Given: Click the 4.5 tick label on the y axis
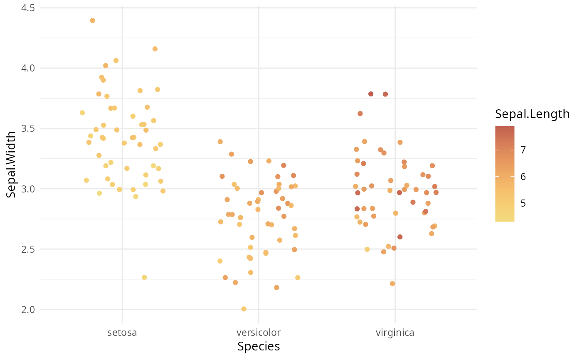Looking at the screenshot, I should (x=28, y=8).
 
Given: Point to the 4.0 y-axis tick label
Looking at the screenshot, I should (x=28, y=68).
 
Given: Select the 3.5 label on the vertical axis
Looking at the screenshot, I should (x=28, y=128).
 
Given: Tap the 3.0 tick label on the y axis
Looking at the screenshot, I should (x=28, y=189).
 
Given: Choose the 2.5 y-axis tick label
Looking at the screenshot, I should (x=28, y=249).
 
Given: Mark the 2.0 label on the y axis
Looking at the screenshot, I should (x=28, y=309).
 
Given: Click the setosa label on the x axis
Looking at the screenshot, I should (x=122, y=333).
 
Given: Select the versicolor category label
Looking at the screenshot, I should (x=259, y=333).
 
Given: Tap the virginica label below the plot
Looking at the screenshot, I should (x=395, y=333).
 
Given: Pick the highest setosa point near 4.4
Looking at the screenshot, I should (x=92, y=20).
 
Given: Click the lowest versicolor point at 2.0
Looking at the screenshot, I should (x=244, y=309).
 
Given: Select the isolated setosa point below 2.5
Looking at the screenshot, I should (x=144, y=277).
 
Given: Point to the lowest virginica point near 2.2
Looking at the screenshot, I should (x=392, y=284).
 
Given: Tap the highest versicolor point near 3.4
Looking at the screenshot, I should (x=220, y=142).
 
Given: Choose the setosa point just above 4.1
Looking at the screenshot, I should (x=155, y=49).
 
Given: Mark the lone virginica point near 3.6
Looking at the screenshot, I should (x=360, y=113).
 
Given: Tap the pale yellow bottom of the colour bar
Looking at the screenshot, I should (x=505, y=219).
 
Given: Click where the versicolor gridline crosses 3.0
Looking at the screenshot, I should (x=259, y=189).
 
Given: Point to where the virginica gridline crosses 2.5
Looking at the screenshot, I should (x=395, y=249).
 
